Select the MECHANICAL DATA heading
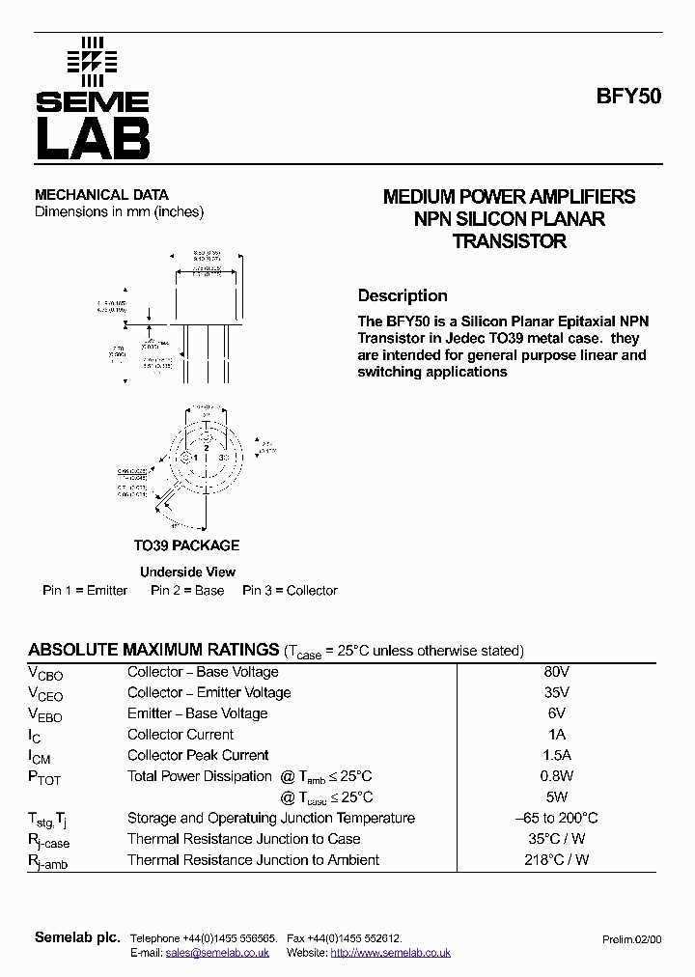pos(101,195)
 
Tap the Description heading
pos(403,296)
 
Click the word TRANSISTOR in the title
pos(509,241)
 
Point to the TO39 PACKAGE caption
pos(186,545)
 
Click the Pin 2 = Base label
pos(187,591)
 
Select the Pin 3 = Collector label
pos(290,591)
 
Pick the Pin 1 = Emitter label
pos(85,591)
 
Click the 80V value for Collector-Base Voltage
pos(556,672)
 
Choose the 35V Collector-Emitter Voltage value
pos(556,693)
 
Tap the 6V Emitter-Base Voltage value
pos(556,713)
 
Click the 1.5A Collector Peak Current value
pos(556,756)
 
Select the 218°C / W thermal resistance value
pos(556,860)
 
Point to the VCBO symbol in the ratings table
pos(44,674)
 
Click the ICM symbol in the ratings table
pos(41,758)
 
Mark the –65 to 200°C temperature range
pos(556,819)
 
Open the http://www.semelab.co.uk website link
pos(390,953)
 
